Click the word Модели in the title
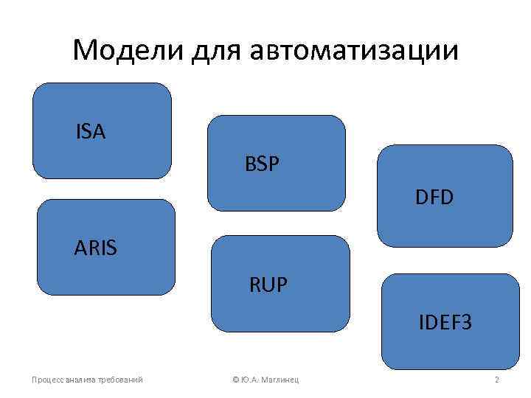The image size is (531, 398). pos(129,51)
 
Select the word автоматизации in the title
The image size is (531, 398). pos(355,51)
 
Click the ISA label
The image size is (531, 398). pos(90,132)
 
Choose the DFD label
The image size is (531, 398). pos(434,197)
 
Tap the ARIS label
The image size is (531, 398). pos(95,248)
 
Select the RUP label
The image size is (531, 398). pos(268,282)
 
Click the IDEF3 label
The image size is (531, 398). pos(445,322)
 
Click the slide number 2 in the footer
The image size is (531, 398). pos(497,380)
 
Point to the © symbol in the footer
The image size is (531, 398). pos(235,380)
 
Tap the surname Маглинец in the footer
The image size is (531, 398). pos(283,380)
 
